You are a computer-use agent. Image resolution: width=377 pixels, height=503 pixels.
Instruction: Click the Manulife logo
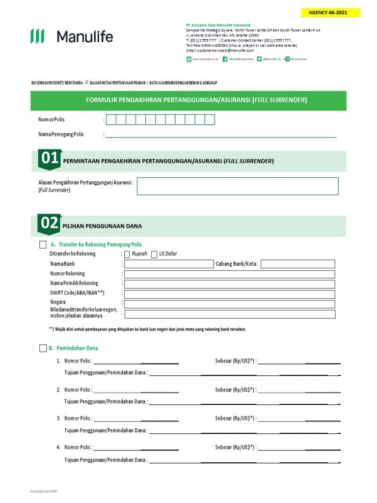coord(72,36)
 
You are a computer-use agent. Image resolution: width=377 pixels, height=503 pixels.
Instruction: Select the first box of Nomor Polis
coord(111,119)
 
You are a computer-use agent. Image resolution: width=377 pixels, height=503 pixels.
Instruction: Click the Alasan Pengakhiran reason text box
coord(238,186)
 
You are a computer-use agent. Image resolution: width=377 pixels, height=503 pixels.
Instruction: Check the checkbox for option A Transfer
coord(43,245)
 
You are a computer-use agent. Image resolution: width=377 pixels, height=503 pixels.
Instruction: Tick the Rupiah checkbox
coord(127,254)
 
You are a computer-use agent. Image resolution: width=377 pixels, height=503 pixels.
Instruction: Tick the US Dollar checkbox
coord(155,254)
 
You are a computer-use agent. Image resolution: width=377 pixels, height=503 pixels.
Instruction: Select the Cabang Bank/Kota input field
coord(298,264)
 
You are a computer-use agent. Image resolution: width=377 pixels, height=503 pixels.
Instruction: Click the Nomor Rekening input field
coord(230,274)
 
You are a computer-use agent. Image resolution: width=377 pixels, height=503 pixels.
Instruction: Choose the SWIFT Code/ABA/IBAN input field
coord(230,293)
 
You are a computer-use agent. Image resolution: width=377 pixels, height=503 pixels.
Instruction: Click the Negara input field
coord(230,303)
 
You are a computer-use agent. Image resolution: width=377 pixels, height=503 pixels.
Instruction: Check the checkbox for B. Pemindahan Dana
coord(43,348)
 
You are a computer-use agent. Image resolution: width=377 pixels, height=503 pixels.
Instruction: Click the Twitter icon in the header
coord(259,59)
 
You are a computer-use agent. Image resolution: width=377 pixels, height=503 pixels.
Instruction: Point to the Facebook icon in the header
coord(225,59)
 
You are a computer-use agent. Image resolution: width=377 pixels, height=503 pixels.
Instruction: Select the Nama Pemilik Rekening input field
coord(230,284)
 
